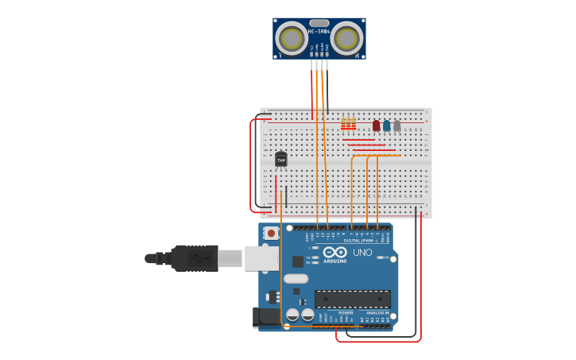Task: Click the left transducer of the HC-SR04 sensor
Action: click(292, 38)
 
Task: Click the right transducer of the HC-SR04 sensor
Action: click(346, 38)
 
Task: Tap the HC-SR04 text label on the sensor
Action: click(319, 32)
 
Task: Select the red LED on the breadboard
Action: click(377, 126)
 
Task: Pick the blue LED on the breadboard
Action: click(387, 126)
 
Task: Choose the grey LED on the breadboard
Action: click(397, 126)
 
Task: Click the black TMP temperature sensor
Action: click(281, 160)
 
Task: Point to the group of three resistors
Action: click(348, 123)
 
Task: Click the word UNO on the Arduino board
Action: click(362, 253)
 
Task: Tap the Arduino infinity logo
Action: click(335, 252)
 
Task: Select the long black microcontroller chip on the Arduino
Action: click(353, 299)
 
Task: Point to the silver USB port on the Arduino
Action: click(261, 258)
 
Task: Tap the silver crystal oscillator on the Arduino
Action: click(296, 278)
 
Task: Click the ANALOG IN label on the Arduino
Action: click(378, 312)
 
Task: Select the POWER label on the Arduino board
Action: click(346, 312)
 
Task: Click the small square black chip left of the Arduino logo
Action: click(297, 261)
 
